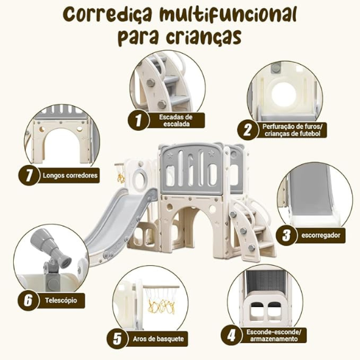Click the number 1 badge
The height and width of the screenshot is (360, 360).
coord(138,120)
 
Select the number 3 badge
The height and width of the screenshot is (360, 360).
coord(285,234)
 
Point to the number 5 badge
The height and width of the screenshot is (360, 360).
coord(118,339)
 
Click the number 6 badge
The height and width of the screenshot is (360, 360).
coord(27,300)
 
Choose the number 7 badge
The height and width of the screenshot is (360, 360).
coord(26,175)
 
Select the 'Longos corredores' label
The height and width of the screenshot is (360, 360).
coord(70,175)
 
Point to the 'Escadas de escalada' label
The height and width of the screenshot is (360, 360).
coord(176,120)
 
